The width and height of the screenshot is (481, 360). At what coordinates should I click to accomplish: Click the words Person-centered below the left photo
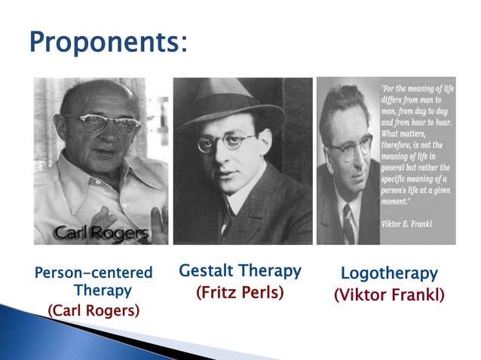pyautogui.click(x=93, y=273)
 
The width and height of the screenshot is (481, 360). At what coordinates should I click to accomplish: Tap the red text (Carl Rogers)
pyautogui.click(x=93, y=310)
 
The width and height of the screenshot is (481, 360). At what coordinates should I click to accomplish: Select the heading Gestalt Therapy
pyautogui.click(x=240, y=270)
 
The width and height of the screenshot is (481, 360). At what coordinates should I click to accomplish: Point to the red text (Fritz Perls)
pyautogui.click(x=240, y=291)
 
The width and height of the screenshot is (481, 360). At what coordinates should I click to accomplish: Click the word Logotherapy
pyautogui.click(x=389, y=273)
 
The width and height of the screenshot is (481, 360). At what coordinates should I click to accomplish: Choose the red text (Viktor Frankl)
pyautogui.click(x=389, y=294)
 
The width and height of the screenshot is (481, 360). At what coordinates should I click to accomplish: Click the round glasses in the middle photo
pyautogui.click(x=226, y=142)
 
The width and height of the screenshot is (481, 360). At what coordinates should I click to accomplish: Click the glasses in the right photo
pyautogui.click(x=349, y=147)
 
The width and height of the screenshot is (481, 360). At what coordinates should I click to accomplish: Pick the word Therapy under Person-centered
pyautogui.click(x=103, y=290)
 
